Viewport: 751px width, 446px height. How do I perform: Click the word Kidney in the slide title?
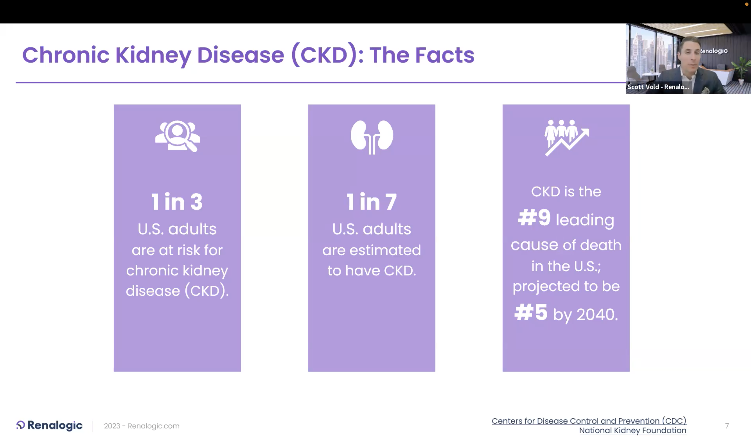[x=153, y=55]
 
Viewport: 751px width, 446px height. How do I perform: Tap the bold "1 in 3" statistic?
[x=177, y=201]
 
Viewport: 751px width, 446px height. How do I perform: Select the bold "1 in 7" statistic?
[x=372, y=201]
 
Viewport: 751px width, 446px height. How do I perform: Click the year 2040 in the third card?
[x=597, y=315]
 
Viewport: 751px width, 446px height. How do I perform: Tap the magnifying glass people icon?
[x=178, y=136]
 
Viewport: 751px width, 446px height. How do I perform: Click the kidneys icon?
[x=372, y=137]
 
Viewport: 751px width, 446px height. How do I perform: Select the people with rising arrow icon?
[x=567, y=138]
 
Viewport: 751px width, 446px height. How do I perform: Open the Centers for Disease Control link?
[x=589, y=421]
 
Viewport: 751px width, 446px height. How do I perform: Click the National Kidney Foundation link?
[x=633, y=430]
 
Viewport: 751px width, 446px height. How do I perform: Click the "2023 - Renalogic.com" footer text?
[x=142, y=426]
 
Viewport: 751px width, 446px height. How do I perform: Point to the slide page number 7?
[x=727, y=426]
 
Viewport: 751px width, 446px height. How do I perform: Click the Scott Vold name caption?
[x=658, y=87]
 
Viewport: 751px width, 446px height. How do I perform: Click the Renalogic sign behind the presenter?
[x=714, y=51]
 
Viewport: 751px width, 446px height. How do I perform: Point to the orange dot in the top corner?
[x=747, y=4]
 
